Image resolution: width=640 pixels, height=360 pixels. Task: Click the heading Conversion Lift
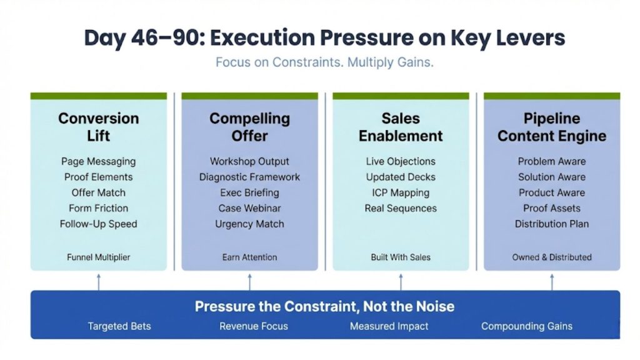[98, 127]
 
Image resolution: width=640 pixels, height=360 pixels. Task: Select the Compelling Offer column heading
[249, 127]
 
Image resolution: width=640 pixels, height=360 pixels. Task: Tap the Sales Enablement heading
[401, 127]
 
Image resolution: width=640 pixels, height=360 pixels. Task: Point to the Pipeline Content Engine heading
[552, 127]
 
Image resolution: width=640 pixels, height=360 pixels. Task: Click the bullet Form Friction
[98, 208]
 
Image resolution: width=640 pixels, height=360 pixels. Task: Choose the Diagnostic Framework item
[249, 177]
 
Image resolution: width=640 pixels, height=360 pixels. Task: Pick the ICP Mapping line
[401, 192]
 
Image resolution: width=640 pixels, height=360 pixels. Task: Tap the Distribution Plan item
[552, 224]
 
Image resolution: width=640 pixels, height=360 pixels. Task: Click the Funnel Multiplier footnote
[98, 257]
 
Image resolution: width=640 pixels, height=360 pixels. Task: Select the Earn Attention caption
[249, 257]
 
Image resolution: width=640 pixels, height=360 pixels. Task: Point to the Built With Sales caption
[401, 257]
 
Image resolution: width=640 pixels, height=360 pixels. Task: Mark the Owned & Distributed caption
[552, 257]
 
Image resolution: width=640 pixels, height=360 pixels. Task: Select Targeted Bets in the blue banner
[119, 326]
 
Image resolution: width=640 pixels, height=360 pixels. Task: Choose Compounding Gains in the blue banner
[526, 326]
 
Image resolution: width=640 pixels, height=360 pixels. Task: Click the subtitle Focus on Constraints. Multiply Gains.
[324, 62]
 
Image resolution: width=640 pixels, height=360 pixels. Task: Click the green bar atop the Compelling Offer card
[249, 96]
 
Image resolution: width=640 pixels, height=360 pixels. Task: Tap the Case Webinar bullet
[249, 208]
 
